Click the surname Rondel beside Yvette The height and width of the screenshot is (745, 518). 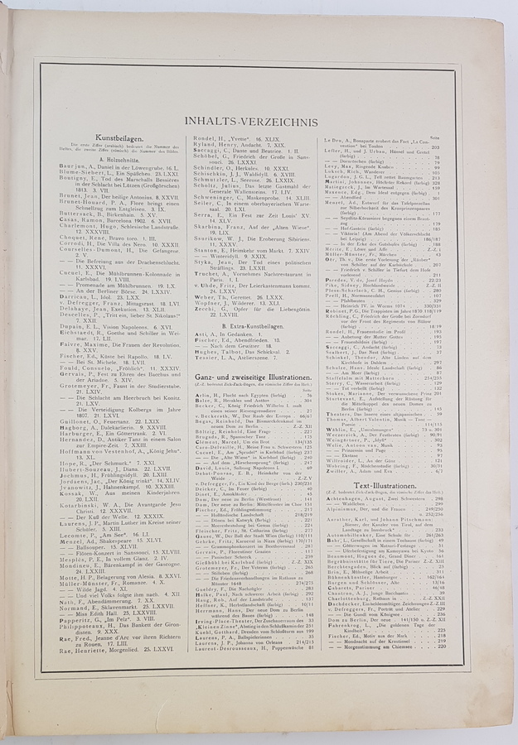[x=205, y=138]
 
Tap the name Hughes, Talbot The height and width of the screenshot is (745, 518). [x=214, y=350]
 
